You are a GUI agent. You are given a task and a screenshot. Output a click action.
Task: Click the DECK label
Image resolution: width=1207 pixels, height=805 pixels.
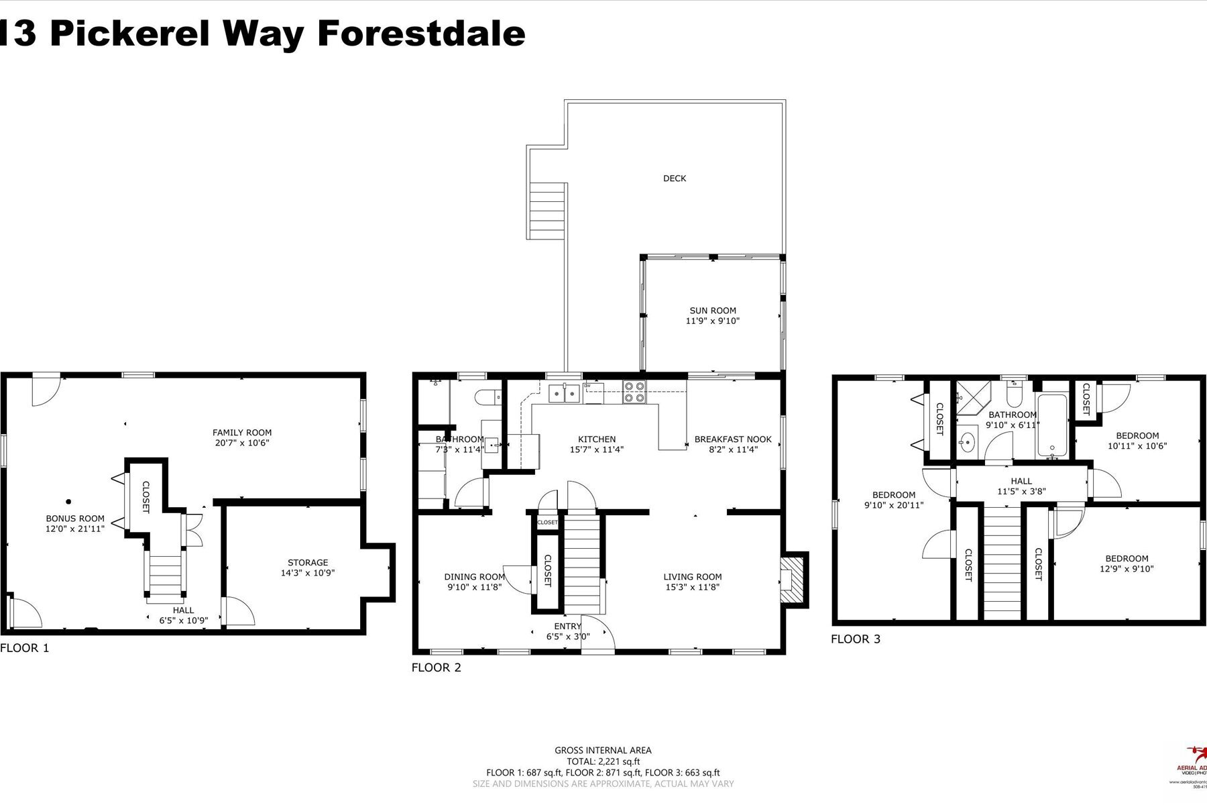(x=675, y=178)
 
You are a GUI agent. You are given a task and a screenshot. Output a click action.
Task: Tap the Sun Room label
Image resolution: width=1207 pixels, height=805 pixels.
(x=713, y=316)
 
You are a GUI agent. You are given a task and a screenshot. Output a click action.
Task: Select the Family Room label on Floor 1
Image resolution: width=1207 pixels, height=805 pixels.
(x=242, y=437)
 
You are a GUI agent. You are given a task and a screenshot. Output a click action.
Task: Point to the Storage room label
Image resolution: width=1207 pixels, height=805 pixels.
(x=308, y=568)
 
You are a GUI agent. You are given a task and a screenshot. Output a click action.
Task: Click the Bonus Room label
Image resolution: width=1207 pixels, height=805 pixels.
(x=75, y=523)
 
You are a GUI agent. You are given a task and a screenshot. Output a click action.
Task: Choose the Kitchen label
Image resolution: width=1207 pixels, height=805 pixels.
(x=596, y=444)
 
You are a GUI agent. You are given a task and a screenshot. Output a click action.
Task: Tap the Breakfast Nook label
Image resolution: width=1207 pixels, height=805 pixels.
(x=733, y=444)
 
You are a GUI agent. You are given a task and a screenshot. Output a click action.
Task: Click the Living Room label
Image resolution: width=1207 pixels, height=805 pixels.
(x=693, y=582)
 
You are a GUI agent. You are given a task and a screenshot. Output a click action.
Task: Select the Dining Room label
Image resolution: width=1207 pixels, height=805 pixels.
(x=474, y=582)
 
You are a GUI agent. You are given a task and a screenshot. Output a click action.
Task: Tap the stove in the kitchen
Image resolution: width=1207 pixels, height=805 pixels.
(x=634, y=392)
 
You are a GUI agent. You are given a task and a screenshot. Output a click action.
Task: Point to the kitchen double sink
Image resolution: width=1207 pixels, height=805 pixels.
(x=564, y=393)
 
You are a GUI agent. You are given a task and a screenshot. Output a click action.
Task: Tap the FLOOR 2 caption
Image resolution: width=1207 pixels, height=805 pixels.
(x=437, y=667)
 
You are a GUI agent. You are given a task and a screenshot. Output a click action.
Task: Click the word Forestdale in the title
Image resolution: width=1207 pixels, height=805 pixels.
(x=421, y=34)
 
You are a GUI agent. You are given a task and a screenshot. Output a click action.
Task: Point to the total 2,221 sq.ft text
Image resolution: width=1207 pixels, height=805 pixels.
(x=603, y=761)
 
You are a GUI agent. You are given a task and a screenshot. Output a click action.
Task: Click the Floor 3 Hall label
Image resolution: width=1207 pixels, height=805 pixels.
(x=1021, y=486)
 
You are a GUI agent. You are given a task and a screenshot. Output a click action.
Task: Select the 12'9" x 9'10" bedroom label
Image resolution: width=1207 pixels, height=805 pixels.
(x=1127, y=563)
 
